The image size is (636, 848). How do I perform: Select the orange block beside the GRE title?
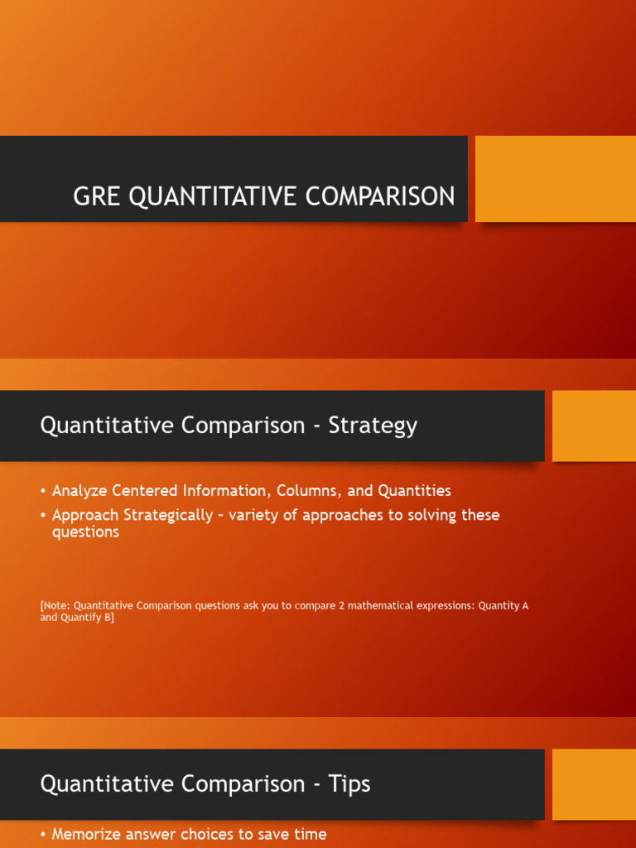(555, 179)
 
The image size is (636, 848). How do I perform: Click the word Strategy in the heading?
(373, 426)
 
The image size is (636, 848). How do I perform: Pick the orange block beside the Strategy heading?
(594, 426)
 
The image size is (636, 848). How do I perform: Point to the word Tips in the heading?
(349, 783)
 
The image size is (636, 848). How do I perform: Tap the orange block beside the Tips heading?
(594, 784)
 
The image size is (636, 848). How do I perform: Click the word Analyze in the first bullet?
(79, 491)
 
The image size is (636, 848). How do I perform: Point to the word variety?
(254, 515)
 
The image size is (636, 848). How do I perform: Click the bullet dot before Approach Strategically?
(43, 515)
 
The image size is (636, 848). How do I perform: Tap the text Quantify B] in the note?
(86, 618)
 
